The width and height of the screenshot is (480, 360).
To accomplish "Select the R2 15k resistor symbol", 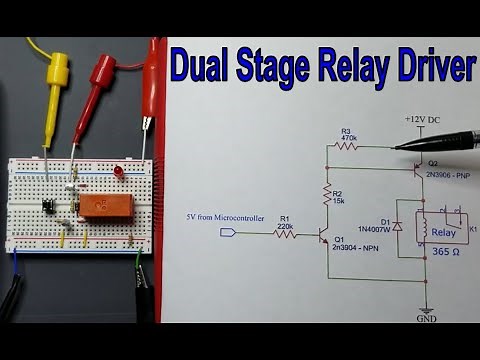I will (x=326, y=195).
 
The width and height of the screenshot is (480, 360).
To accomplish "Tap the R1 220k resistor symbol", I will (x=285, y=233).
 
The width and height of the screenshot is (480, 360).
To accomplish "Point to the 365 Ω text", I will (x=440, y=254).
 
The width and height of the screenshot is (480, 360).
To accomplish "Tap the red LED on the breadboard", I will (x=118, y=173).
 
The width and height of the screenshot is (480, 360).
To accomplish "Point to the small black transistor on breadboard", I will (x=47, y=204).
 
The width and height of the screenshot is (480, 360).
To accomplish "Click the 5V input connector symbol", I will (x=229, y=233).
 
